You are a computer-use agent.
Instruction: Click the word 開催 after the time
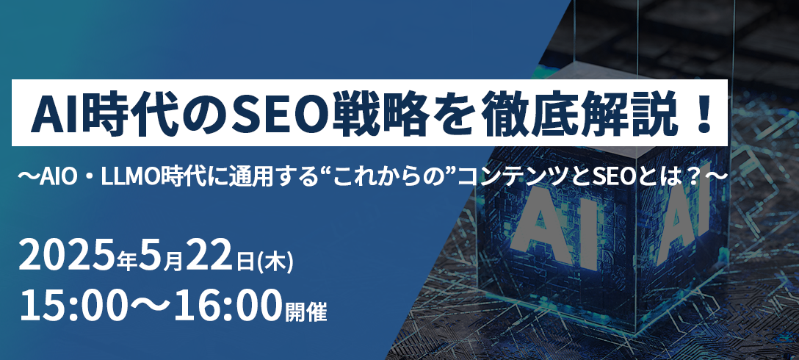click(305, 311)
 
